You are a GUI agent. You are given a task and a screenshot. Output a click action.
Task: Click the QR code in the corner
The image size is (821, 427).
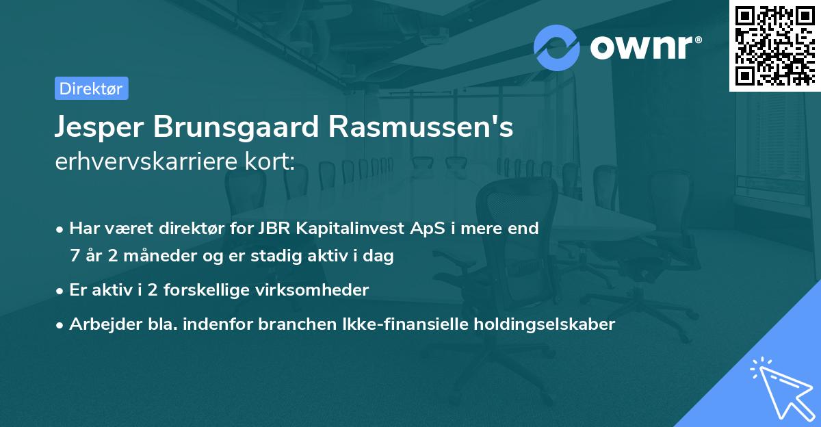coord(774,46)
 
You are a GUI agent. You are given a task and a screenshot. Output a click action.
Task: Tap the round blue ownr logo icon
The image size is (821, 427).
coord(557,48)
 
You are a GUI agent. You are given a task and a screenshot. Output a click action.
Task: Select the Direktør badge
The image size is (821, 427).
coord(91,88)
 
